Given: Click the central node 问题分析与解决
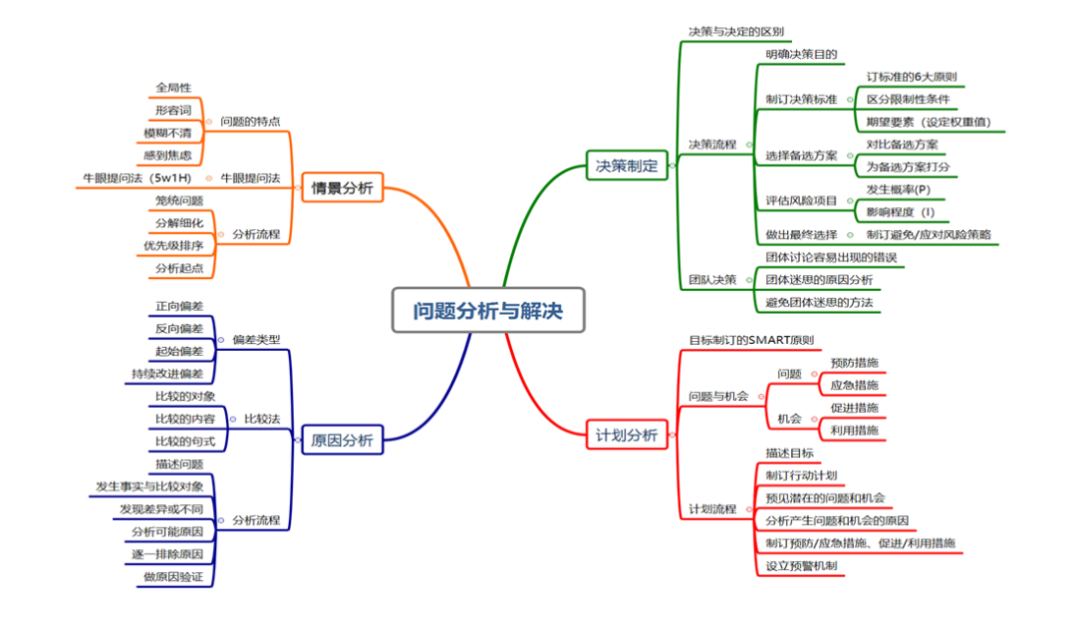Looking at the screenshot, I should point(488,311).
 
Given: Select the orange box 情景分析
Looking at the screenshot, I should point(342,187).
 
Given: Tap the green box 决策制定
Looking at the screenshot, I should point(627,165).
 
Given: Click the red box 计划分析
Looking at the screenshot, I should point(627,435).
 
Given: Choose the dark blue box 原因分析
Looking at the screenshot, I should point(342,440).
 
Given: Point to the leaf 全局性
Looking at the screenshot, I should point(173,88).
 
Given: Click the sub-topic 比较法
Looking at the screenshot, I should point(262,418).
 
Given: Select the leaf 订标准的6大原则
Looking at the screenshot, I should point(912,77).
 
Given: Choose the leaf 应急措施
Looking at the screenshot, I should point(854,385).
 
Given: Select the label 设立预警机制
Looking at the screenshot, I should point(801,566).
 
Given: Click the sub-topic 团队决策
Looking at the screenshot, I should point(712,279).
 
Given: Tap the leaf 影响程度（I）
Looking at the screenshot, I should point(901,212).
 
